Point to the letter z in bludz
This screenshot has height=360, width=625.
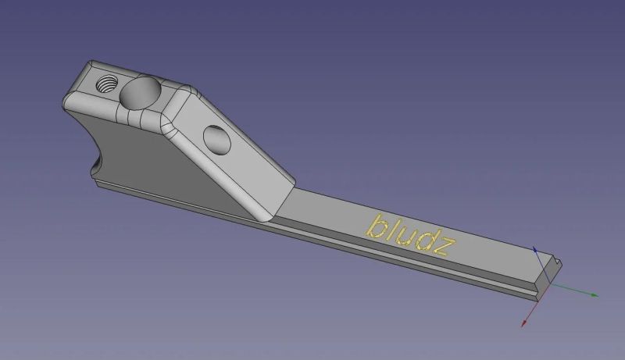pyautogui.click(x=443, y=248)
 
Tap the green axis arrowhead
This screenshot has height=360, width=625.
pyautogui.click(x=595, y=295)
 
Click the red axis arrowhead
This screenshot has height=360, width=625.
pyautogui.click(x=524, y=323)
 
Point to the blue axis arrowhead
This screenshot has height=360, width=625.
pyautogui.click(x=534, y=249)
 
